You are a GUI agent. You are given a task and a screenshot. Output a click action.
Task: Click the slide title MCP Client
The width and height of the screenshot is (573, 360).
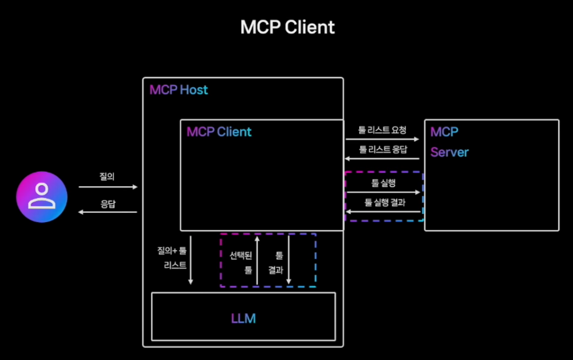point(287,27)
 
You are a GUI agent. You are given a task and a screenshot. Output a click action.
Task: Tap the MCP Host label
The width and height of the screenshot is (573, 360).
point(179,90)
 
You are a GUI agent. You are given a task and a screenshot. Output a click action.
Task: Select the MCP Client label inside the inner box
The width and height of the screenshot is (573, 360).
point(219,132)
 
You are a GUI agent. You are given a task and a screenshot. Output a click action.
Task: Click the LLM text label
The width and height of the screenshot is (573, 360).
point(243,318)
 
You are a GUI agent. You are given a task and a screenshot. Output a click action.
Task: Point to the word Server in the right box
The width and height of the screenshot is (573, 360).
point(450,152)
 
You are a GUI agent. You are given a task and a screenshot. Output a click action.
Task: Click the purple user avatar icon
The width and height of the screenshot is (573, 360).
point(42,197)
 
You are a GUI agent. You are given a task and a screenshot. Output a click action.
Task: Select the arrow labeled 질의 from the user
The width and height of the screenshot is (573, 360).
point(108,187)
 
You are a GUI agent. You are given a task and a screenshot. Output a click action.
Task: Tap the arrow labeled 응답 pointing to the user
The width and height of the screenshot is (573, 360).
point(108,212)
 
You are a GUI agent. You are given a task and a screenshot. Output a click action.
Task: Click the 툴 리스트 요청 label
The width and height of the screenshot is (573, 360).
point(383,130)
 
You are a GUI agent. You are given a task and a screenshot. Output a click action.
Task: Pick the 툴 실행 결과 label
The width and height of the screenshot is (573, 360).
point(384,202)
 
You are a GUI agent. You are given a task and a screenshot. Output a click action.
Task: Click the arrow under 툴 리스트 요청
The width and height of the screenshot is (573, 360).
point(383,140)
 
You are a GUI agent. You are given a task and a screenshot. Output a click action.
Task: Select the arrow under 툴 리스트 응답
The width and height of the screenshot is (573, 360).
point(383,159)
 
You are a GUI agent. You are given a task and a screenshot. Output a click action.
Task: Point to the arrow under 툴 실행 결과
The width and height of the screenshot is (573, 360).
point(384,212)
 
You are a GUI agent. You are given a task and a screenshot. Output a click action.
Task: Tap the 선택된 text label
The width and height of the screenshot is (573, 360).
point(241,255)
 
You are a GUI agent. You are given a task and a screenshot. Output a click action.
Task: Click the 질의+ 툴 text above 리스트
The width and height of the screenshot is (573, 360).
point(172,251)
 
